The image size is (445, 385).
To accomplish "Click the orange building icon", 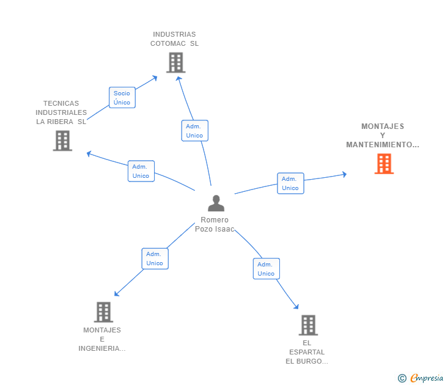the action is [x=384, y=164].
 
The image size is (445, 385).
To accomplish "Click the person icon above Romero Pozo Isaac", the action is [x=216, y=203].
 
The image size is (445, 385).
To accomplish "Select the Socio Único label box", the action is [x=122, y=98].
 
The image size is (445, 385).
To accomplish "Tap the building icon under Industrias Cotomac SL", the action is [x=176, y=62].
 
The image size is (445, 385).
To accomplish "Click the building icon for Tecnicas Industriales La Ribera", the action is [x=62, y=141].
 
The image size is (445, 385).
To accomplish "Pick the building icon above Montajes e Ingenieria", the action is [x=103, y=312].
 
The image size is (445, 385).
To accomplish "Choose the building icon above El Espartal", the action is [x=308, y=325].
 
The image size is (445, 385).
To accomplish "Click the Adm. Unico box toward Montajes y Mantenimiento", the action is [x=290, y=183].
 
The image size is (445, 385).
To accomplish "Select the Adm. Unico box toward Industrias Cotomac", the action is [x=194, y=131].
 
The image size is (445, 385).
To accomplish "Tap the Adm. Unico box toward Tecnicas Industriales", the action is [x=141, y=171].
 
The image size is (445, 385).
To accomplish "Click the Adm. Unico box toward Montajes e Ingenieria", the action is [x=155, y=258].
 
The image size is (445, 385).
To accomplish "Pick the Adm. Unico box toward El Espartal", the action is [x=267, y=269].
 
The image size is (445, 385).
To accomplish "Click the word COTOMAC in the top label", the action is [x=168, y=43].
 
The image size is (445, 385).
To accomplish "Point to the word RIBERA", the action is [x=60, y=122].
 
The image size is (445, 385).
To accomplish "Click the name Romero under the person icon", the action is [x=215, y=220].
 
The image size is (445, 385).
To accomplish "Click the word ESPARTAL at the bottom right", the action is [x=307, y=352].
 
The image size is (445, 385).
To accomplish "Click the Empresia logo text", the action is [x=427, y=378].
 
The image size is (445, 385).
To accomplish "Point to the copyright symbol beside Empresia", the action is [x=402, y=378].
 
